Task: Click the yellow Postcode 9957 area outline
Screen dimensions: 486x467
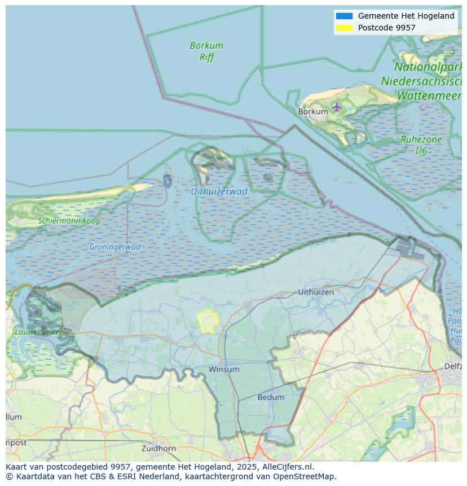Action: click(208, 321)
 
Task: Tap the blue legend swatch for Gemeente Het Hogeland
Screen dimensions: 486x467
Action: click(344, 16)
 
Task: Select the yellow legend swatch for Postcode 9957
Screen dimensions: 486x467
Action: click(344, 28)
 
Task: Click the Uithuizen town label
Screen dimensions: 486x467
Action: click(316, 292)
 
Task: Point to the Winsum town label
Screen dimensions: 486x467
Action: click(224, 369)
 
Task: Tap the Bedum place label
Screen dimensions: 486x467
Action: click(271, 397)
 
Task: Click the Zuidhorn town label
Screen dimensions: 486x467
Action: click(159, 448)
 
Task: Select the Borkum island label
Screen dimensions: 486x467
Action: click(313, 112)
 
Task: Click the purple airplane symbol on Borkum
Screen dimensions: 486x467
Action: click(337, 107)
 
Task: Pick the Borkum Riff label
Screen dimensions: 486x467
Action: click(206, 51)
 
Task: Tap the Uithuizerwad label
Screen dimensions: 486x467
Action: click(219, 191)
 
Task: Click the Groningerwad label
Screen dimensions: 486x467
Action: click(114, 247)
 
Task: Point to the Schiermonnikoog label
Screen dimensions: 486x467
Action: click(69, 221)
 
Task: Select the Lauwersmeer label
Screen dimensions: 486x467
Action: click(38, 332)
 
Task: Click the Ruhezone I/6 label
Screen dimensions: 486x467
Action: click(421, 145)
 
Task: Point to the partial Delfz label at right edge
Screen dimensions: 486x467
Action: click(452, 366)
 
